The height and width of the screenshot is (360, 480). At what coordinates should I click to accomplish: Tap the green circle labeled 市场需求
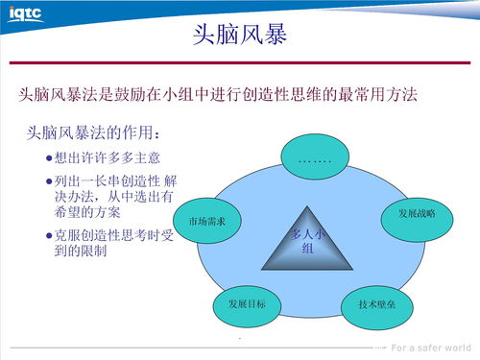pos(206,221)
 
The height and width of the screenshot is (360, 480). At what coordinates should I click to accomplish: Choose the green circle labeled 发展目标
pos(247,302)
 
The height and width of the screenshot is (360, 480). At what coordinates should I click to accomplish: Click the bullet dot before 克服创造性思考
pos(49,235)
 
